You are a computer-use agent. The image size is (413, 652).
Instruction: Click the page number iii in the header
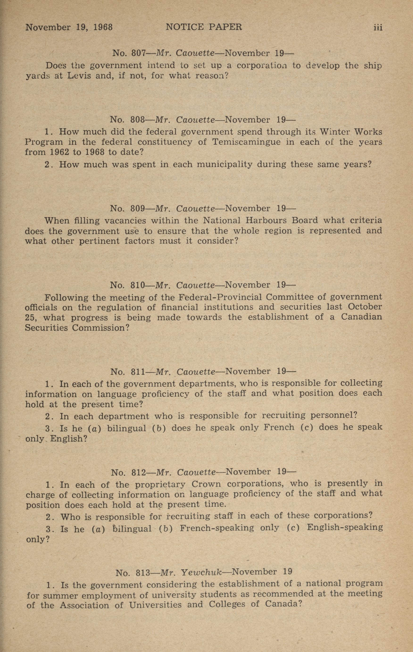click(378, 27)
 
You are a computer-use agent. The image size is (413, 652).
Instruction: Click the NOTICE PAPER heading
click(204, 27)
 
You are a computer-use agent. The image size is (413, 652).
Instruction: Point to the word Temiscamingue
click(246, 142)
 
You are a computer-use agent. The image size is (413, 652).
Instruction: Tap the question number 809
click(138, 209)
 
